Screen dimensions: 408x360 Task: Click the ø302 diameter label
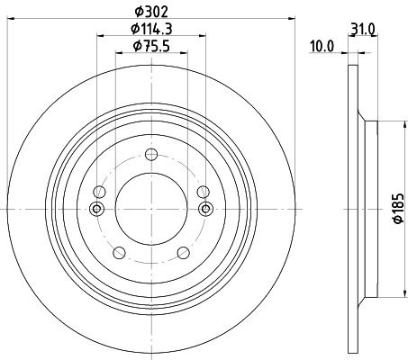point(151,12)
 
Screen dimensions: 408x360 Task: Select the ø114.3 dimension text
point(151,29)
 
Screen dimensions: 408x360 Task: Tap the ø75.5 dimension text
point(151,46)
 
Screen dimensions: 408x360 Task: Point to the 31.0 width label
point(363,30)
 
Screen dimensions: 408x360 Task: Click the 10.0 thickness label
point(322,47)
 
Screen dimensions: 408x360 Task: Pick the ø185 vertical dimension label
point(398,209)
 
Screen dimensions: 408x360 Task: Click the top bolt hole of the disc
point(151,155)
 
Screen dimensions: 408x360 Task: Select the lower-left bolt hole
point(119,253)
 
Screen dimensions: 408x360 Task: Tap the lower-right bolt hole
point(184,253)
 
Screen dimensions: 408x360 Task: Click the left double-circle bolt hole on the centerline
point(96,209)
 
